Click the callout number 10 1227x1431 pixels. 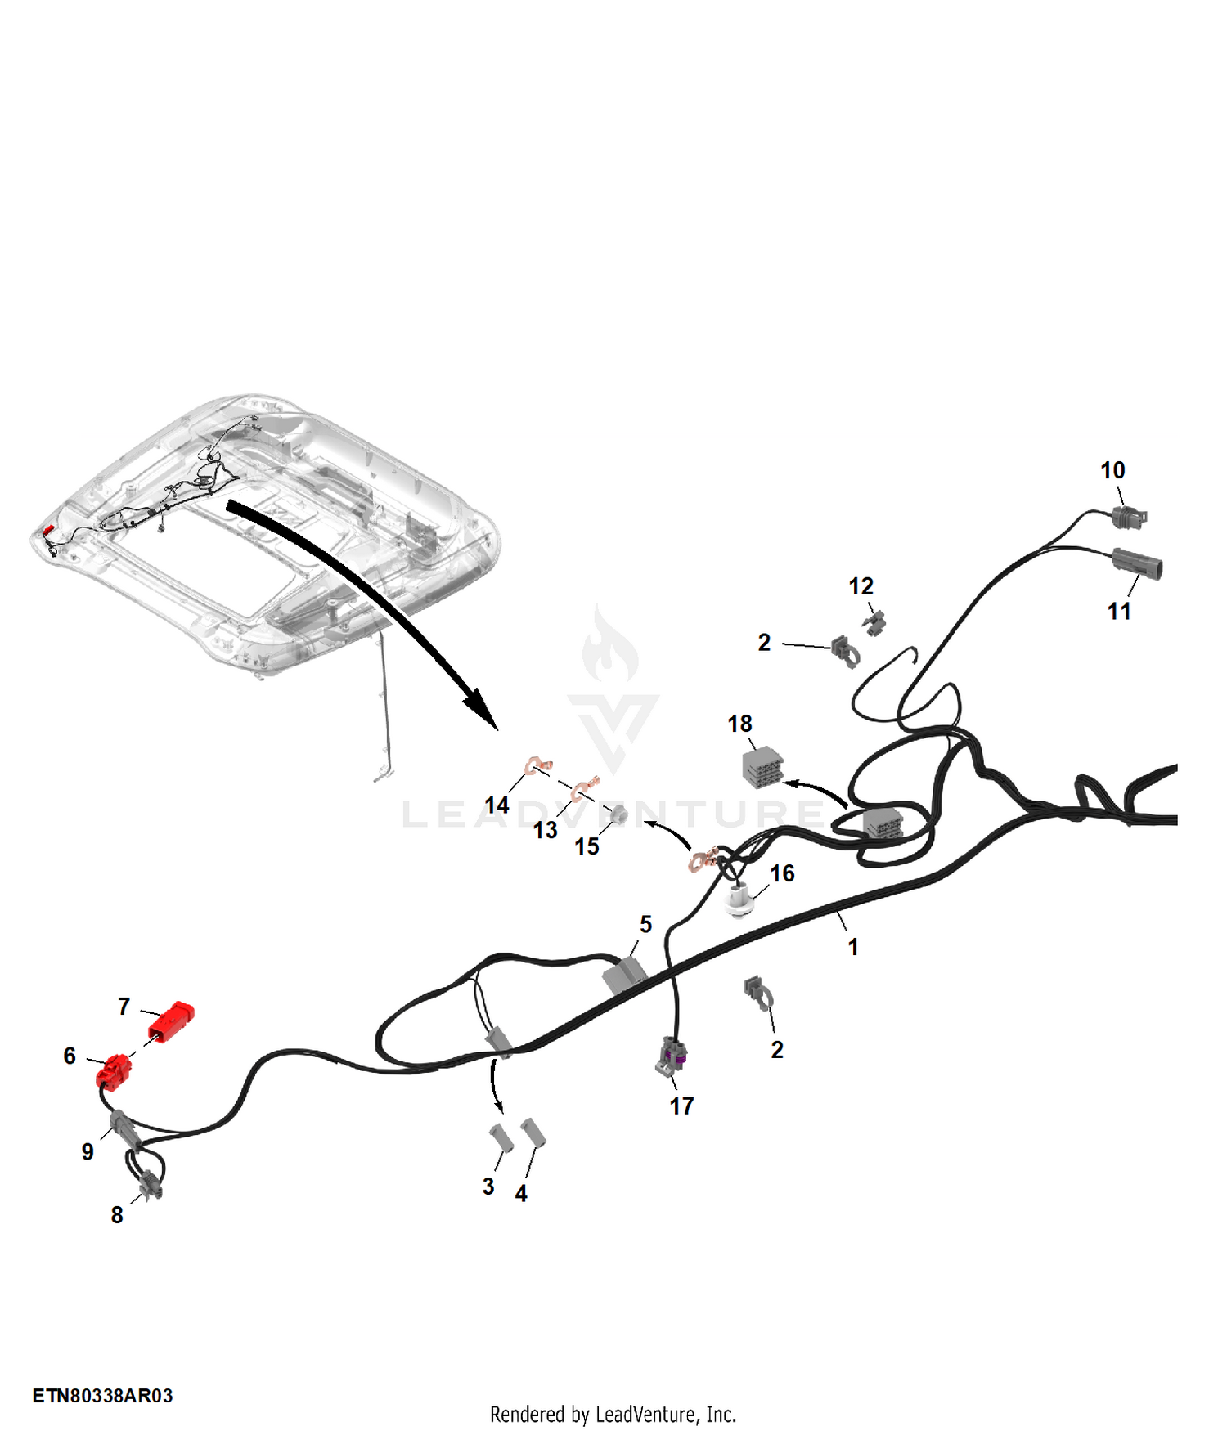[x=1112, y=470]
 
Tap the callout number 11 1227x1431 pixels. [x=1119, y=611]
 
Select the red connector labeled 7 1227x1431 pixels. [x=171, y=1022]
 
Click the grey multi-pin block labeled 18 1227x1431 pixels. [x=763, y=768]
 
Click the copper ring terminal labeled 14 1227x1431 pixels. [x=537, y=766]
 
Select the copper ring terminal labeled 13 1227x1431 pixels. [x=584, y=787]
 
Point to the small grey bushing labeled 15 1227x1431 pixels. [x=619, y=814]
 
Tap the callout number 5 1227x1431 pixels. [x=645, y=924]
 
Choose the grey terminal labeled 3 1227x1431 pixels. [x=501, y=1138]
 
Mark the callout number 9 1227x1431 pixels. [x=88, y=1151]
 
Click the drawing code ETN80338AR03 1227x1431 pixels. [x=103, y=1395]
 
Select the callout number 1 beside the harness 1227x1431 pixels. [x=853, y=947]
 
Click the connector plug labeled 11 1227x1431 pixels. [x=1137, y=564]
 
